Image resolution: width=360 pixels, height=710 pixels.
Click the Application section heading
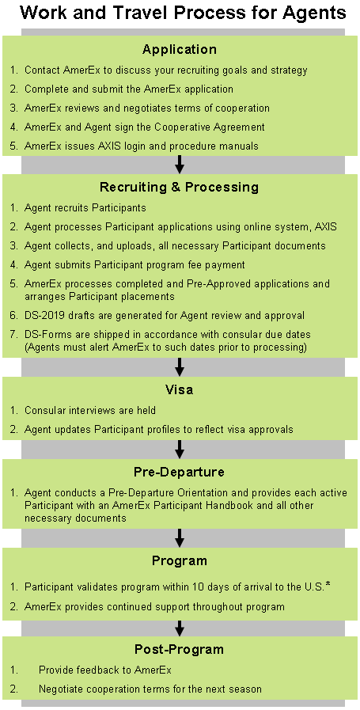click(180, 49)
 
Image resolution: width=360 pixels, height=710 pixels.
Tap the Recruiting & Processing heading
click(180, 187)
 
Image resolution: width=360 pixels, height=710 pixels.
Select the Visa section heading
click(180, 389)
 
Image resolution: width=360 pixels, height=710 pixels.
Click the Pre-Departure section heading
click(180, 472)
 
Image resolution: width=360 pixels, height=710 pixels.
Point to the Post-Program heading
click(180, 649)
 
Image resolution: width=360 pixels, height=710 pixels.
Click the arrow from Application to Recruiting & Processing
click(180, 165)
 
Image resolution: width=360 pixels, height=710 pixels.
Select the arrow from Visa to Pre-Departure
click(180, 449)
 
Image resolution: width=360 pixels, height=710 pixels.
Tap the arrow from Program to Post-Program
click(180, 628)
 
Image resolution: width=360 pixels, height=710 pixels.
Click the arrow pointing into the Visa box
click(180, 367)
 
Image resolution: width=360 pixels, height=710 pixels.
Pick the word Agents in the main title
click(315, 13)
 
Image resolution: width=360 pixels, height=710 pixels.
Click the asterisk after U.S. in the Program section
click(328, 586)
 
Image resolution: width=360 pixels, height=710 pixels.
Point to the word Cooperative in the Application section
click(180, 127)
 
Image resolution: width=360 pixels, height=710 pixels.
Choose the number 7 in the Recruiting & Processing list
click(13, 335)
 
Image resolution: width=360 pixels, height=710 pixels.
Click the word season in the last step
click(246, 689)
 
